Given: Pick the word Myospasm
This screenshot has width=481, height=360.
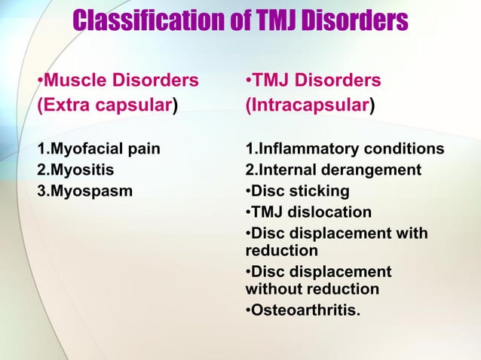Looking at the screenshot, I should [x=90, y=191].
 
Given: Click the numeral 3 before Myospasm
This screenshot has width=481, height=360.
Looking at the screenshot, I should [x=41, y=191].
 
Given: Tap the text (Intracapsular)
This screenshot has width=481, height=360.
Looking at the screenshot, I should [x=309, y=105].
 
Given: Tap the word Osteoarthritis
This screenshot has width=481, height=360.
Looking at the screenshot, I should [x=305, y=310].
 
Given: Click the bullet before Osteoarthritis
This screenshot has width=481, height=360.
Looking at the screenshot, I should [x=248, y=310].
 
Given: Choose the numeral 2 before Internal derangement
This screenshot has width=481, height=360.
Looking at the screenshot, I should [x=250, y=169].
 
